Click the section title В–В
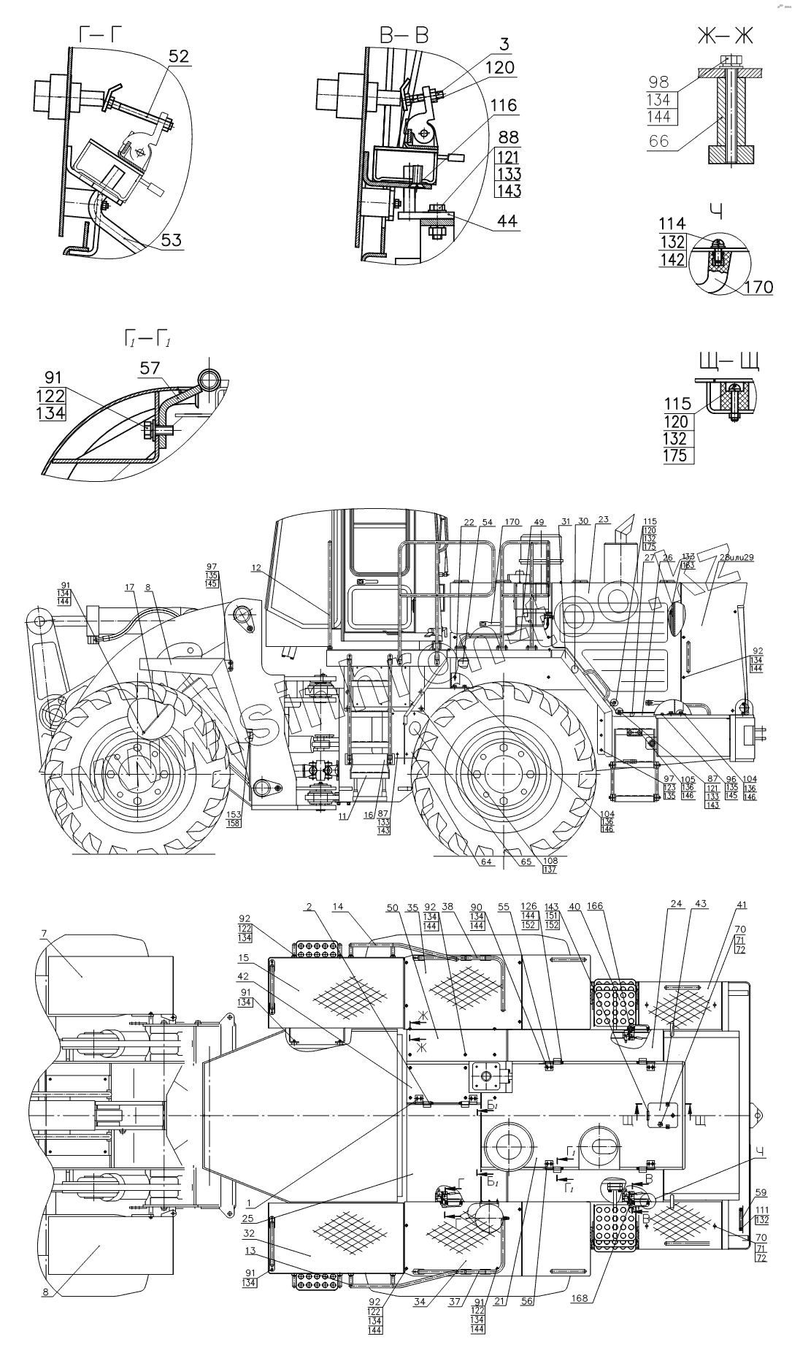click(402, 34)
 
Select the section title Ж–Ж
click(725, 34)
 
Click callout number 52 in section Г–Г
click(178, 56)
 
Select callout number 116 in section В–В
click(503, 105)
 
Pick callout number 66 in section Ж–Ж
click(659, 141)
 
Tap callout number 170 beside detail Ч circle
click(758, 287)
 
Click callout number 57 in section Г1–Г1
click(150, 369)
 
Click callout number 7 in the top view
click(45, 933)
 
